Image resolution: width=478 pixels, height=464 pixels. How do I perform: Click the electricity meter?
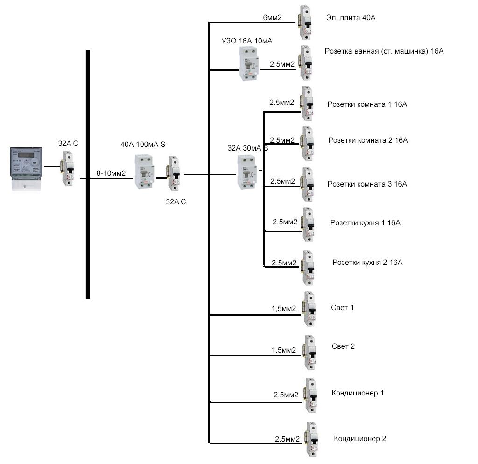click(x=26, y=169)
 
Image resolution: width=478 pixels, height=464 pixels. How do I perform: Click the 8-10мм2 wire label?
click(x=111, y=173)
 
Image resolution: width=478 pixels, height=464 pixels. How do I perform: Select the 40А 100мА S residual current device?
click(x=144, y=172)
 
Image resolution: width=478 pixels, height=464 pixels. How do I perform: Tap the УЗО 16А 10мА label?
click(x=247, y=41)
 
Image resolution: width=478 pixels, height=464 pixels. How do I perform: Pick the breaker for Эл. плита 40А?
click(x=305, y=22)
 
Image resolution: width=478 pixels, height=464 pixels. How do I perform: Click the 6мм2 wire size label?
click(x=272, y=17)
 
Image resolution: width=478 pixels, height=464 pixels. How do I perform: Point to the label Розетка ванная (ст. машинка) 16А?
click(x=384, y=51)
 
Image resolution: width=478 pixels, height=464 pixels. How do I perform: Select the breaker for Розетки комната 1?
click(x=308, y=104)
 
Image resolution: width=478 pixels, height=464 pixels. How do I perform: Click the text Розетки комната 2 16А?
click(x=368, y=140)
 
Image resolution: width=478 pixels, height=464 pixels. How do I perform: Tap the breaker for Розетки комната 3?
click(x=308, y=185)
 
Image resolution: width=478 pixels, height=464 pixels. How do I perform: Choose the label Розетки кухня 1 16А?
click(x=365, y=222)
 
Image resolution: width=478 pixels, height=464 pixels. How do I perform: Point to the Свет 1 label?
click(x=342, y=307)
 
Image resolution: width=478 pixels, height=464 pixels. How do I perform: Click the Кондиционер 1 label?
click(x=358, y=393)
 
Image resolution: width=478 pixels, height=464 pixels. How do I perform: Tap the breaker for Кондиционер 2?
click(x=312, y=439)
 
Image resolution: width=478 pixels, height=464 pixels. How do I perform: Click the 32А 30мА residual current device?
click(x=247, y=173)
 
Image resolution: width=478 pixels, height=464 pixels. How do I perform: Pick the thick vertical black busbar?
click(x=88, y=174)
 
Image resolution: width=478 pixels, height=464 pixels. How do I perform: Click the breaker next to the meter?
click(x=68, y=168)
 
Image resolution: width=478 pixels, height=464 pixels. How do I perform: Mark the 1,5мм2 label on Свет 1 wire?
click(x=283, y=309)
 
